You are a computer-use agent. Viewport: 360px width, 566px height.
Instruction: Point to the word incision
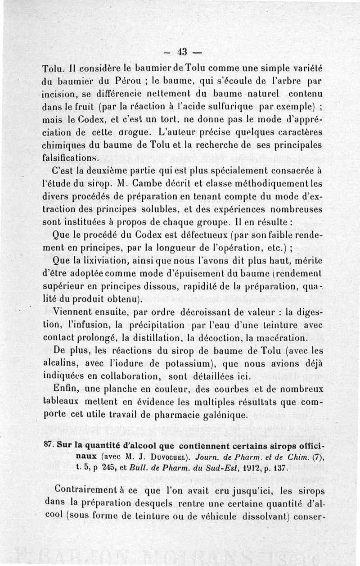click(x=58, y=95)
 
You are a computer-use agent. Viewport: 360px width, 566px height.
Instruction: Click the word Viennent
click(x=73, y=312)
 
